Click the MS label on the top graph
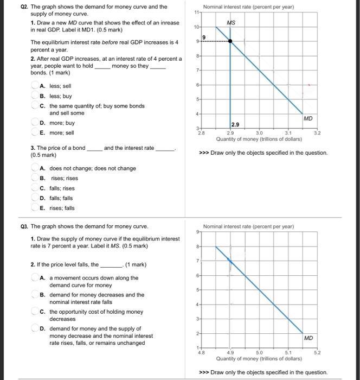click(x=231, y=23)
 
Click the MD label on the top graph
click(x=308, y=118)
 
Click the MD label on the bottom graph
click(x=308, y=338)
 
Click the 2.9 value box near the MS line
click(x=236, y=124)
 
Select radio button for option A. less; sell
click(x=35, y=86)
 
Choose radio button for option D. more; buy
click(x=35, y=123)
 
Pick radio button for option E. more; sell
click(x=35, y=132)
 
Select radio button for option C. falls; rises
click(x=35, y=188)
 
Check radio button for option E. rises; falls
click(x=35, y=208)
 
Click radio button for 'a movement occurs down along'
click(x=35, y=277)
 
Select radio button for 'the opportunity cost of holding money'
click(x=35, y=312)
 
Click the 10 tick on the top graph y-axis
click(x=197, y=26)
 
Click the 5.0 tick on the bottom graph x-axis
click(x=259, y=352)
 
